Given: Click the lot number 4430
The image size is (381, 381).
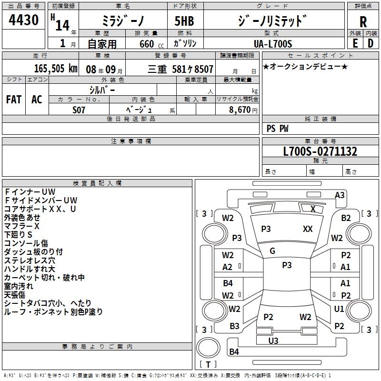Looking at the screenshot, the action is click(x=23, y=20).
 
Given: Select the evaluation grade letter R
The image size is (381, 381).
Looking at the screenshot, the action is click(x=363, y=22).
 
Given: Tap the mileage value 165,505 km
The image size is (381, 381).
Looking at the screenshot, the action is click(x=56, y=69).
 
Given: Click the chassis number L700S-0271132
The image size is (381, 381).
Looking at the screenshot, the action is click(x=320, y=152).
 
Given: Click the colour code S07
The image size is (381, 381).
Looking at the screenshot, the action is click(x=79, y=110).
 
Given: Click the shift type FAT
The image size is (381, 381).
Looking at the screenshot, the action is click(x=13, y=99).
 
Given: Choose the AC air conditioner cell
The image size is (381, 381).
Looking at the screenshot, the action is click(x=37, y=99).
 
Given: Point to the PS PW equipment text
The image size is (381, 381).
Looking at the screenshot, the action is click(x=277, y=129).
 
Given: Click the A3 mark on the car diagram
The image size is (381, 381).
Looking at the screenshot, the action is click(x=340, y=195).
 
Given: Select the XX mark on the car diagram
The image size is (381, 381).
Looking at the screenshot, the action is click(x=308, y=229).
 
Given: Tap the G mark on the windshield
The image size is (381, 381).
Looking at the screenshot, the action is click(x=272, y=251).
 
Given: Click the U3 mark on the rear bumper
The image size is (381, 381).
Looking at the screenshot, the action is click(x=273, y=341).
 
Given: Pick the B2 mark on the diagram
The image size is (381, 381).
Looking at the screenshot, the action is click(x=346, y=218).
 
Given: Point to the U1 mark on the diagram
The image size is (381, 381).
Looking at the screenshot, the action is click(x=339, y=309).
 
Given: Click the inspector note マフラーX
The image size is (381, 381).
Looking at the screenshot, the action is click(x=22, y=226).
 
